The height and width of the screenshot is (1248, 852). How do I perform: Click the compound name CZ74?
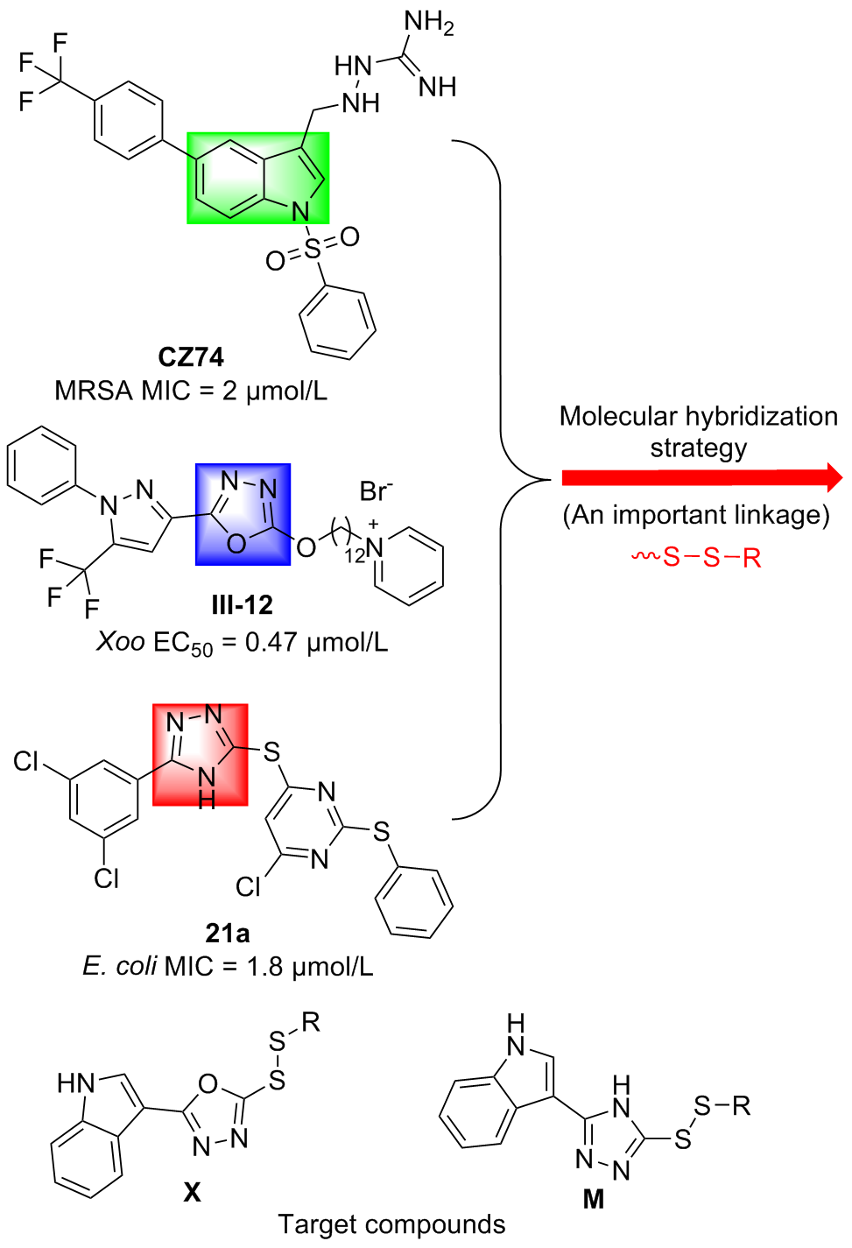(191, 357)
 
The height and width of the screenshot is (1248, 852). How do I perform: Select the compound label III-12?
(242, 605)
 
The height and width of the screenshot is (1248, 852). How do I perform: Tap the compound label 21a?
(228, 934)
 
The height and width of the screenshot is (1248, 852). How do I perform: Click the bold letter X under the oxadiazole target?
(192, 1192)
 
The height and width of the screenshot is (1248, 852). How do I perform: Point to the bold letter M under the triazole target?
(594, 1199)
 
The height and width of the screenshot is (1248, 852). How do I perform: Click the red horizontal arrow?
(701, 478)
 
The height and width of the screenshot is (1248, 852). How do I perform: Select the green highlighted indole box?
(258, 178)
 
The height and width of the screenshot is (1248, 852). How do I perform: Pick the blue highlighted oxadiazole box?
(243, 514)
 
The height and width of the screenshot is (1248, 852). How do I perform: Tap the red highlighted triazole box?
(201, 754)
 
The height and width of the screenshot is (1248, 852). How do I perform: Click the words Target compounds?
(391, 1224)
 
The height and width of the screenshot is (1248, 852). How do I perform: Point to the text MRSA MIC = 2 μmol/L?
(191, 391)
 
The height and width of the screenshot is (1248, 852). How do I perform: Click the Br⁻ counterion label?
(376, 491)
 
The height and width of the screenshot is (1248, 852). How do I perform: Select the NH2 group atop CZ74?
(429, 23)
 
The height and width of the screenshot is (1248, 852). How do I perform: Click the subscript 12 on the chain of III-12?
(355, 555)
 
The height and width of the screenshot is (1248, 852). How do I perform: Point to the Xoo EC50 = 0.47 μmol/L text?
(242, 644)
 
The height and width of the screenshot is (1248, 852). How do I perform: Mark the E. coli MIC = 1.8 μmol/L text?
(228, 967)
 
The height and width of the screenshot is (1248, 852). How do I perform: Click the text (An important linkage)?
(696, 515)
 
